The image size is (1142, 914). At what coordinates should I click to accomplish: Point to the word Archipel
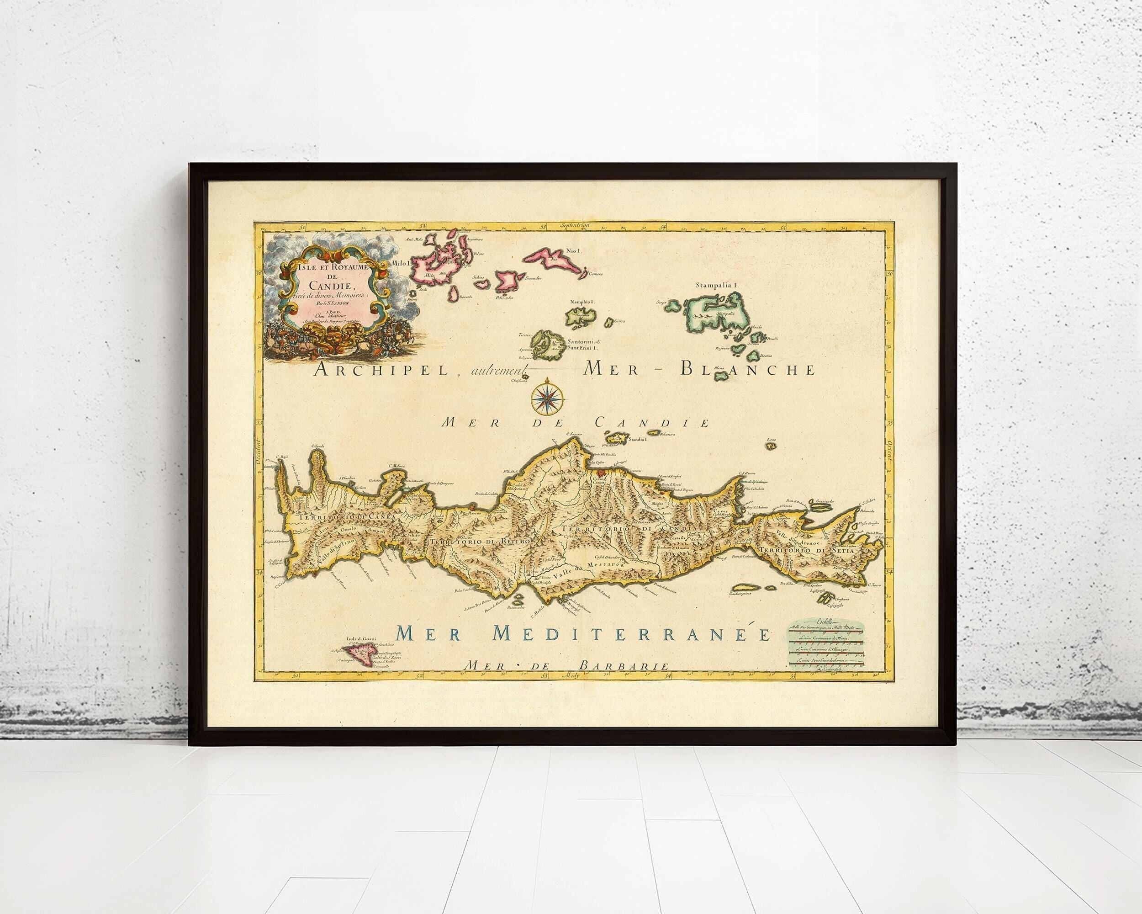pyautogui.click(x=378, y=370)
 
